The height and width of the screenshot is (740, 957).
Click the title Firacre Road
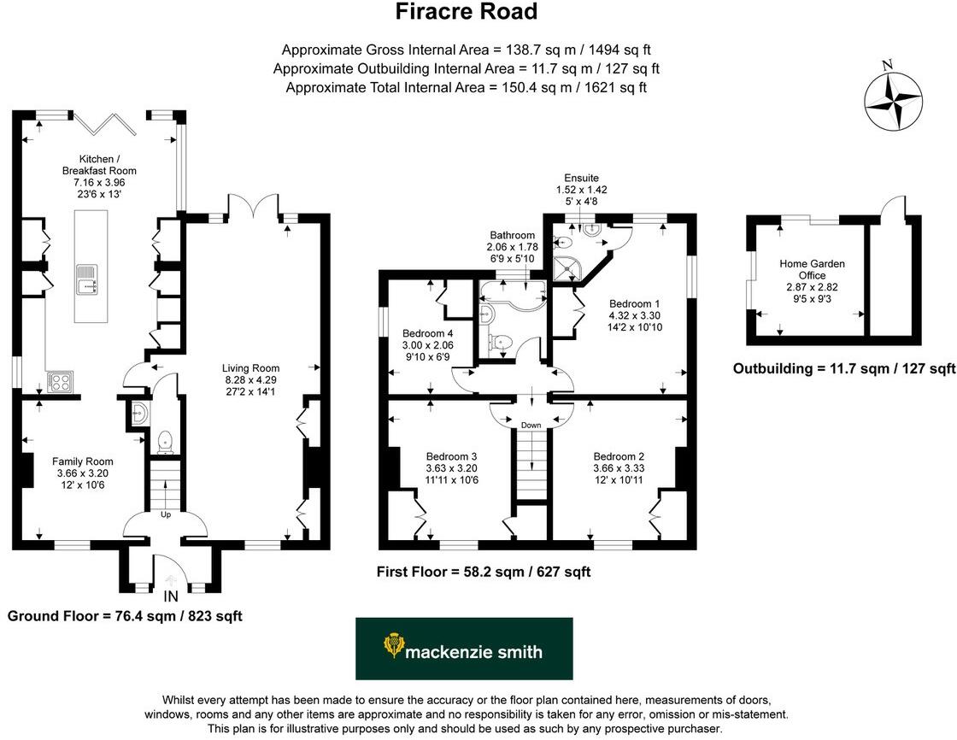click(x=467, y=12)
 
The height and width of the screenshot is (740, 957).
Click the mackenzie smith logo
click(x=464, y=649)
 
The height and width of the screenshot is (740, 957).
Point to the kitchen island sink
click(x=86, y=276)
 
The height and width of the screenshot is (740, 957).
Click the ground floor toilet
click(x=166, y=441)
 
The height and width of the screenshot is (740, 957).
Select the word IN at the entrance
click(x=171, y=596)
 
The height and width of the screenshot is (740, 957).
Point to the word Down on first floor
click(x=531, y=424)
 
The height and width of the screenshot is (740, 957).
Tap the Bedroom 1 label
click(x=634, y=303)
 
